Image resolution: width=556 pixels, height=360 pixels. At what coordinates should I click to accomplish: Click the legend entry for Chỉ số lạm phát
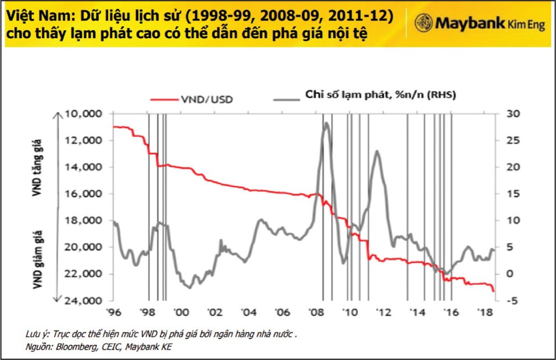(x=380, y=96)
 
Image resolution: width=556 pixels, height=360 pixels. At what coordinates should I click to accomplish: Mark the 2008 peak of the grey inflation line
(x=326, y=123)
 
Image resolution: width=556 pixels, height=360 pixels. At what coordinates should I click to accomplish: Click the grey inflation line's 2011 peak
(x=377, y=151)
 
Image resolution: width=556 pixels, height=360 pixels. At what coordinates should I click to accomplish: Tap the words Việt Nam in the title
(x=34, y=16)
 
